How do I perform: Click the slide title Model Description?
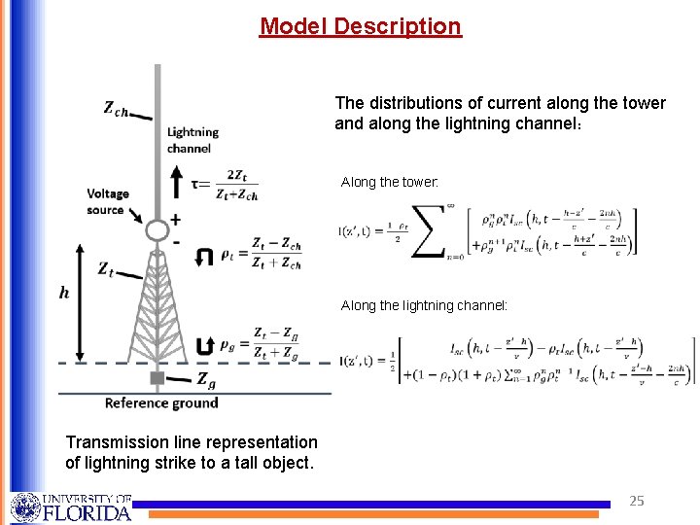pyautogui.click(x=360, y=26)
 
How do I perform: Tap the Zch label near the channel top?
pyautogui.click(x=117, y=108)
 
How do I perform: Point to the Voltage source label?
pyautogui.click(x=107, y=201)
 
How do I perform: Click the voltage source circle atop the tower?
pyautogui.click(x=157, y=230)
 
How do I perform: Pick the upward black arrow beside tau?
pyautogui.click(x=176, y=181)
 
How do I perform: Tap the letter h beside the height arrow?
pyautogui.click(x=65, y=293)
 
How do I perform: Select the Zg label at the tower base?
pyautogui.click(x=206, y=378)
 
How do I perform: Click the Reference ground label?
pyautogui.click(x=161, y=402)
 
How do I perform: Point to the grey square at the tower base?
pyautogui.click(x=157, y=376)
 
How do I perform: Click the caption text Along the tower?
pyautogui.click(x=390, y=182)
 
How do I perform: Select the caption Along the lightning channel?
pyautogui.click(x=424, y=305)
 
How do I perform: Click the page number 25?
pyautogui.click(x=637, y=502)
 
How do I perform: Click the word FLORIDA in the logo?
pyautogui.click(x=86, y=511)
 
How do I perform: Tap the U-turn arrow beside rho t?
pyautogui.click(x=203, y=257)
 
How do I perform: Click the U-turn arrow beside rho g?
pyautogui.click(x=203, y=345)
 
